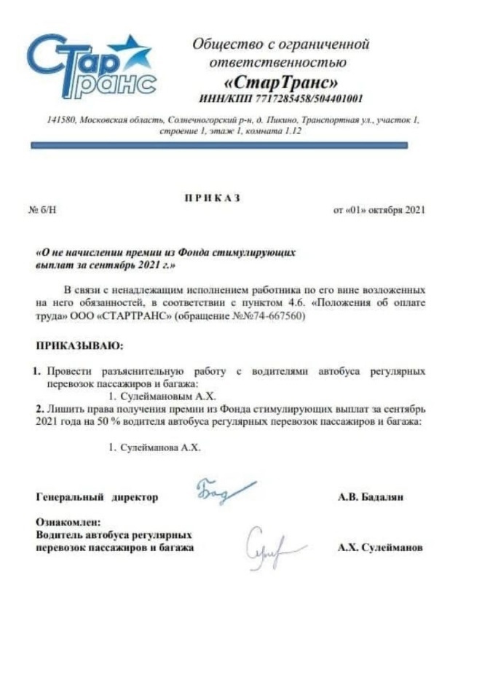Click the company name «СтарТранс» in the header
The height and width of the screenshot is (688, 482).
click(280, 80)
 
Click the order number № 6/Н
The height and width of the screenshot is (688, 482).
click(42, 211)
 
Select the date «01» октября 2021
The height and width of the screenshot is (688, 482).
click(379, 211)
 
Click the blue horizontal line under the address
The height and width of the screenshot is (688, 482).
click(218, 145)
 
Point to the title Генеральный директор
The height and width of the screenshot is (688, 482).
click(96, 497)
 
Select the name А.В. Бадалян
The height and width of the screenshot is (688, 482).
click(371, 497)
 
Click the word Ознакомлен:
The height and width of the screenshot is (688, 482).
click(68, 523)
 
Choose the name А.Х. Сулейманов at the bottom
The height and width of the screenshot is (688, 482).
click(379, 547)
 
